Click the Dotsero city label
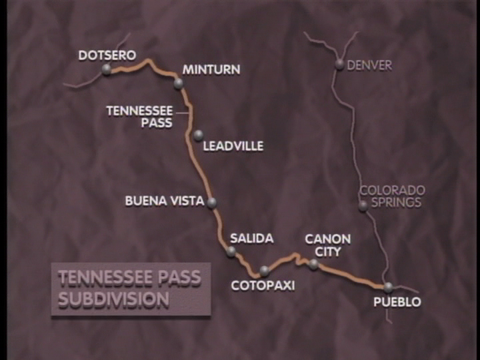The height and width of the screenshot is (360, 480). pos(107,55)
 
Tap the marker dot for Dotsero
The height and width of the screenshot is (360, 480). pos(107,69)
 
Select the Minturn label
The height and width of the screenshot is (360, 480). pos(211,69)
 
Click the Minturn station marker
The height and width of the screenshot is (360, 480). pos(178,83)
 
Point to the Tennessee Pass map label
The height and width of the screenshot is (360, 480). pos(139,117)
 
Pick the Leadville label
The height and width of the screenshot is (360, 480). pos(233,145)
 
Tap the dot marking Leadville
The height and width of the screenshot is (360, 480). pos(198,135)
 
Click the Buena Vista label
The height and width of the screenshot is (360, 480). pos(165,200)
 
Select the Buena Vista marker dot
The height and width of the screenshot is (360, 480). pos(212,202)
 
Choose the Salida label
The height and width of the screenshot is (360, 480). pos(251,238)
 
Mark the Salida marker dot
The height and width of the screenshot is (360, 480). pos(231,251)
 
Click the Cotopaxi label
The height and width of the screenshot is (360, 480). pos(263,285)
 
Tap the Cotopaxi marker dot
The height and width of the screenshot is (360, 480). pos(265,270)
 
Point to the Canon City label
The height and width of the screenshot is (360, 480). pos(327,245)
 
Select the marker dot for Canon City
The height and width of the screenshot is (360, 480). pos(313,263)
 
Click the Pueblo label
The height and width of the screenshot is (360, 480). pos(397,302)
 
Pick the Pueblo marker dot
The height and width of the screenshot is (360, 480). pos(389,287)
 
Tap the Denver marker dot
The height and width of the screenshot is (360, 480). pos(339,65)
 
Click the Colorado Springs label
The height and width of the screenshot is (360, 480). pos(392,196)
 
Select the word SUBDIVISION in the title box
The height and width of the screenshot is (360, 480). pos(113,299)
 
